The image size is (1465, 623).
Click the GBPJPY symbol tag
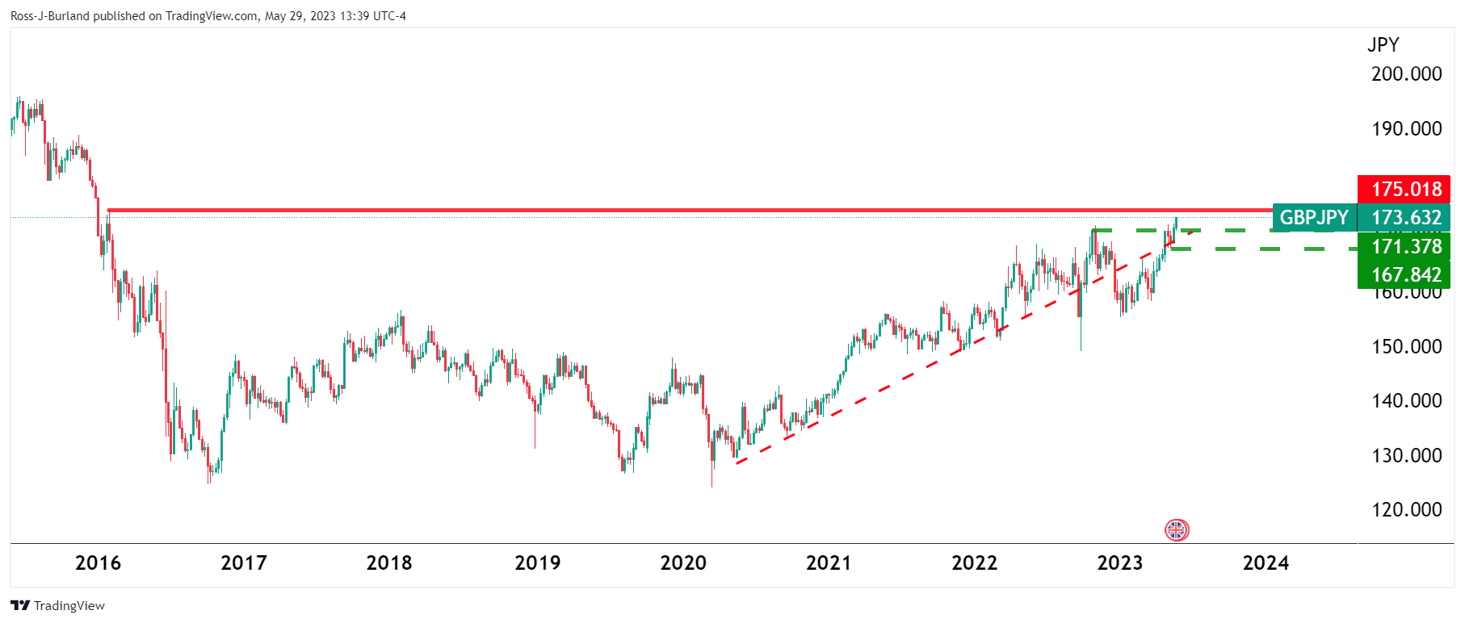coord(1314,217)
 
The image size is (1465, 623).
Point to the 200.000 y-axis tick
coord(1406,73)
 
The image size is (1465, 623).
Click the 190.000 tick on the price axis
coord(1406,128)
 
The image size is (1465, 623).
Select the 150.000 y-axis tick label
coord(1406,346)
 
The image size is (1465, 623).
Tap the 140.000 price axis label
coord(1406,400)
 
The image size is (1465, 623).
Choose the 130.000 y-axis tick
coord(1406,455)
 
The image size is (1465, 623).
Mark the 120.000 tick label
coord(1406,509)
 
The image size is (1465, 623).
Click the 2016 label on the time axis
coord(98,562)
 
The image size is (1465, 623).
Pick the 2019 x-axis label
coord(537,562)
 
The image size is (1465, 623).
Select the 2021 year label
coord(829,562)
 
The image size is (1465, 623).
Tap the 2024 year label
coord(1266,562)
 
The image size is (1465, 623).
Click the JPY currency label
coord(1383,44)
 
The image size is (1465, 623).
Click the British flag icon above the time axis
coord(1177,530)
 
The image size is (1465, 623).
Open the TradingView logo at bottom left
coord(58,605)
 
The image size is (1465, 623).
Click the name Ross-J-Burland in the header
coord(49,16)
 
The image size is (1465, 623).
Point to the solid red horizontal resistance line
coord(646,211)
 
